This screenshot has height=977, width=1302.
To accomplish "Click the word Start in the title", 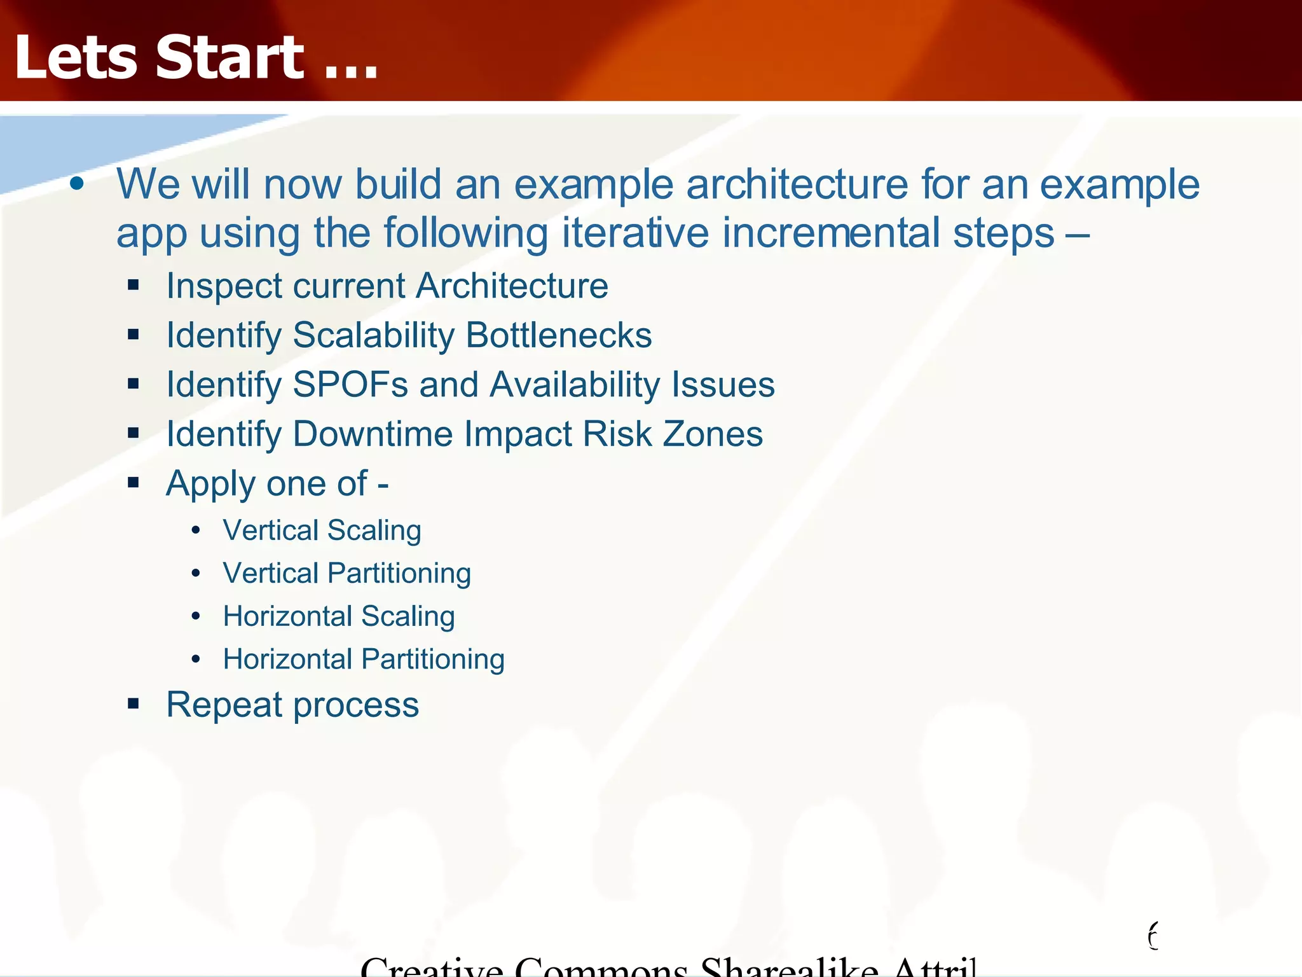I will pyautogui.click(x=230, y=59).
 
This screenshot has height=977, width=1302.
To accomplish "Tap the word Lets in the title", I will pyautogui.click(x=76, y=59).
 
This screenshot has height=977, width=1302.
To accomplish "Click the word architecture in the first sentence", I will pyautogui.click(x=797, y=185).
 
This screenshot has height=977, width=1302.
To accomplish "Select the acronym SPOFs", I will pyautogui.click(x=350, y=385).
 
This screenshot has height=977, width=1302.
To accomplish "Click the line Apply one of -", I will pyautogui.click(x=277, y=483).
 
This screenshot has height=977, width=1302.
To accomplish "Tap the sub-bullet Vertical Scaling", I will pyautogui.click(x=322, y=530).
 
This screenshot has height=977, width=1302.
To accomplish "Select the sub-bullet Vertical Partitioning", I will pyautogui.click(x=346, y=573).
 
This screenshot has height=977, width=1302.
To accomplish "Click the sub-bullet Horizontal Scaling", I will pyautogui.click(x=339, y=616).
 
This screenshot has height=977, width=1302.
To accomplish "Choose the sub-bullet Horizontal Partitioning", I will pyautogui.click(x=364, y=659).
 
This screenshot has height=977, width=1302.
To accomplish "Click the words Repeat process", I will pyautogui.click(x=292, y=705).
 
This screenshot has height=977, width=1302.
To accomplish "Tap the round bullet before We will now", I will pyautogui.click(x=77, y=184).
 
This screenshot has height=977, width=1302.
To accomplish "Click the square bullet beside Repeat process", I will pyautogui.click(x=133, y=703).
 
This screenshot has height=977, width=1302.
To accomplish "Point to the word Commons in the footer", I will pyautogui.click(x=601, y=967).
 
